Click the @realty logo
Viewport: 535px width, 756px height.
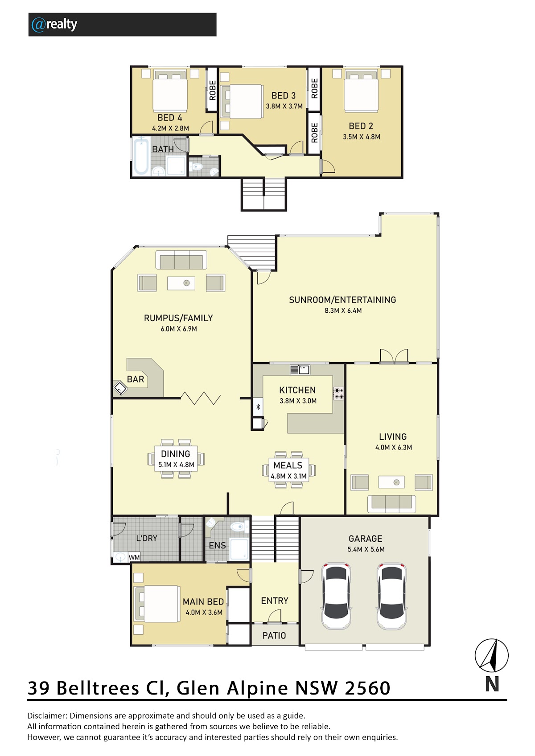click(54, 25)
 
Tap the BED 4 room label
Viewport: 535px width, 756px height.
click(169, 118)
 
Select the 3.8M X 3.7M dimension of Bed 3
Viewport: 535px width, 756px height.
click(284, 106)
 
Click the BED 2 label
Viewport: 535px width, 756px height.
click(361, 126)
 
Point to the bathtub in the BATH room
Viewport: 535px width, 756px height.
click(141, 156)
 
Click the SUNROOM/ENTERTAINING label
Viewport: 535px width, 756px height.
click(342, 300)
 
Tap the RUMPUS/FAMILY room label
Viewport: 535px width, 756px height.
click(178, 318)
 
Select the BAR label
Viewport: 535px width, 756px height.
click(136, 380)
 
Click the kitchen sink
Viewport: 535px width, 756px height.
click(300, 370)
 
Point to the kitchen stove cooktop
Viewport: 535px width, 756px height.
click(338, 393)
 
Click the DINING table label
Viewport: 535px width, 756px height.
click(175, 454)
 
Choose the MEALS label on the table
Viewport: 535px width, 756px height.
click(288, 465)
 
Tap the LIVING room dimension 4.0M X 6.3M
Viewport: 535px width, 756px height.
click(394, 447)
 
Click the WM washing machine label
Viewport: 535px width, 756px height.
click(134, 557)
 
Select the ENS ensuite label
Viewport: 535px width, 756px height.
click(217, 545)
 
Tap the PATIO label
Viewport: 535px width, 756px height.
click(274, 636)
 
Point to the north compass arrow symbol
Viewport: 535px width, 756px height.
click(491, 655)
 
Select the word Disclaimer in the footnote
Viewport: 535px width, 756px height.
click(47, 715)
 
